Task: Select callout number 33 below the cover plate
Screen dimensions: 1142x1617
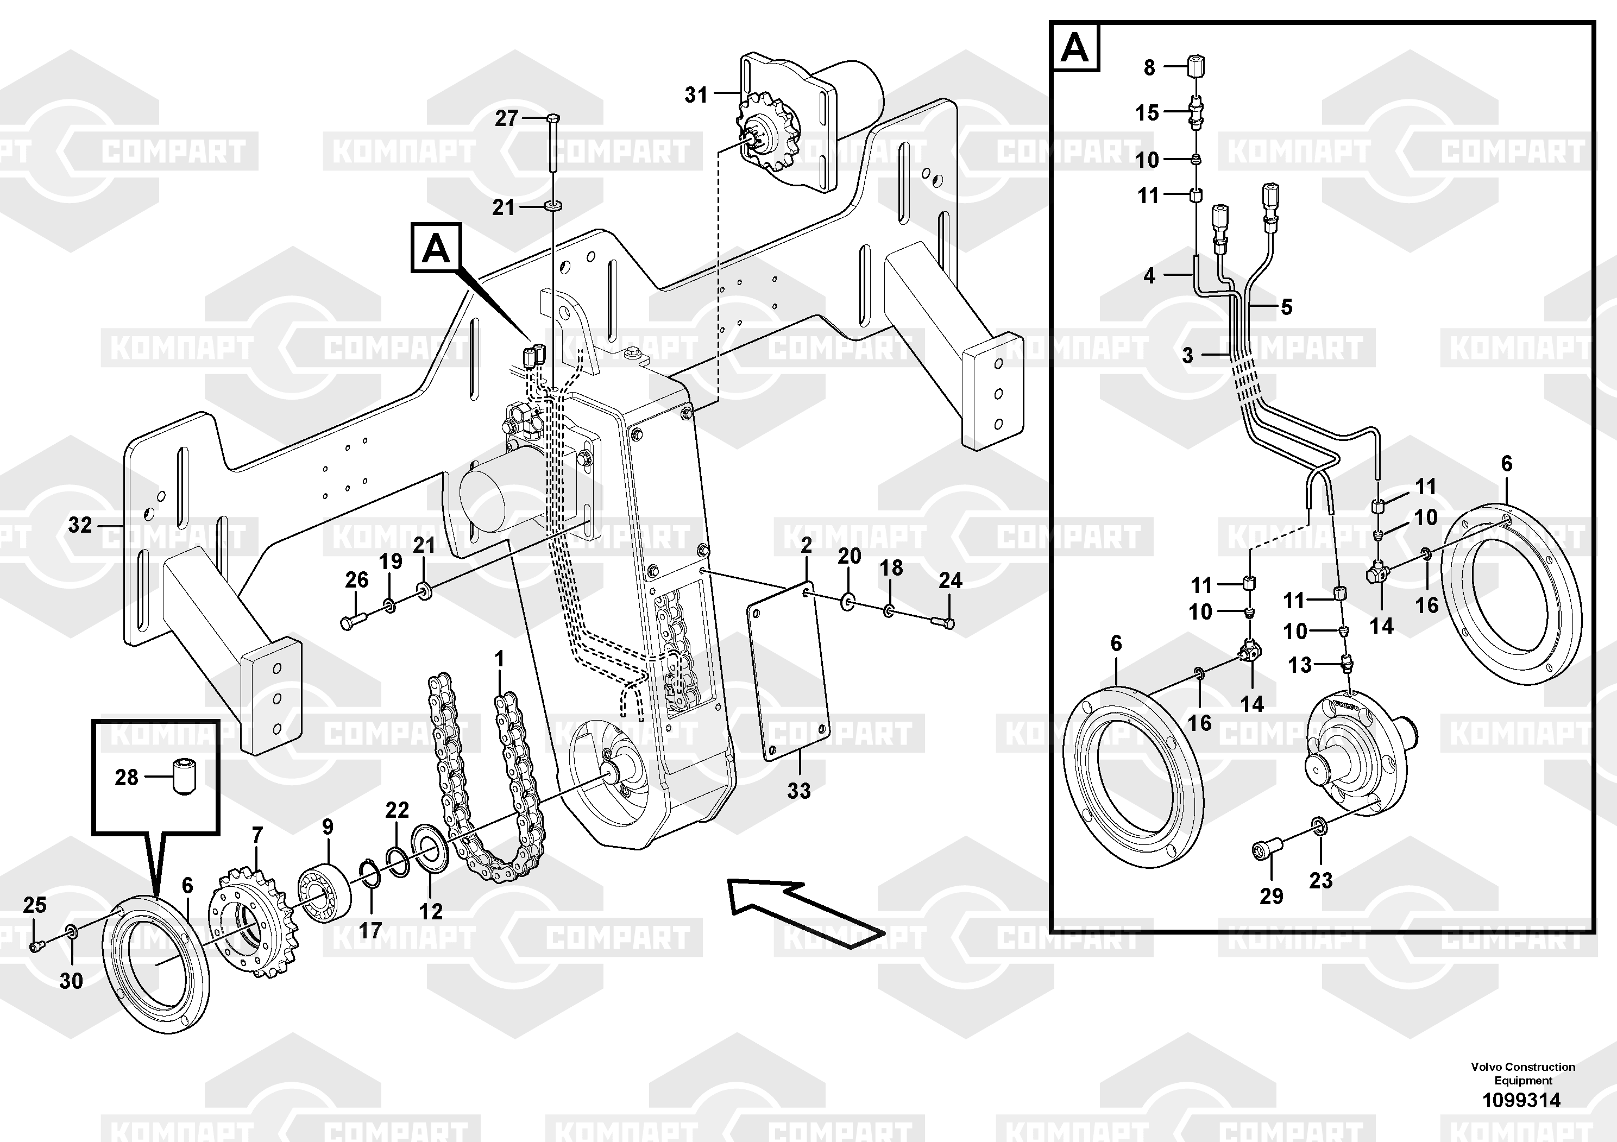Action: pyautogui.click(x=798, y=791)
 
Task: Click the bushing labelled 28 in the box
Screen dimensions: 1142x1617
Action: pyautogui.click(x=185, y=776)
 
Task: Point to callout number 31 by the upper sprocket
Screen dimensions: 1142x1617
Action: pyautogui.click(x=696, y=94)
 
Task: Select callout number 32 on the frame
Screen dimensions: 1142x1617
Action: pyautogui.click(x=80, y=525)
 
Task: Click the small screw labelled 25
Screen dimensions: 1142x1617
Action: pyautogui.click(x=36, y=947)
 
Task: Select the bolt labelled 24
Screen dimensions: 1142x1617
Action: pyautogui.click(x=945, y=622)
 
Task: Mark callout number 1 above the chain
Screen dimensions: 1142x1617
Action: pyautogui.click(x=499, y=660)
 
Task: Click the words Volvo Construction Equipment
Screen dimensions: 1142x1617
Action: pyautogui.click(x=1522, y=1074)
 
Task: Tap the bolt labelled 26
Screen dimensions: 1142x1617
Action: pyautogui.click(x=352, y=622)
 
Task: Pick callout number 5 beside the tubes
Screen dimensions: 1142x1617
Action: pyautogui.click(x=1286, y=307)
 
